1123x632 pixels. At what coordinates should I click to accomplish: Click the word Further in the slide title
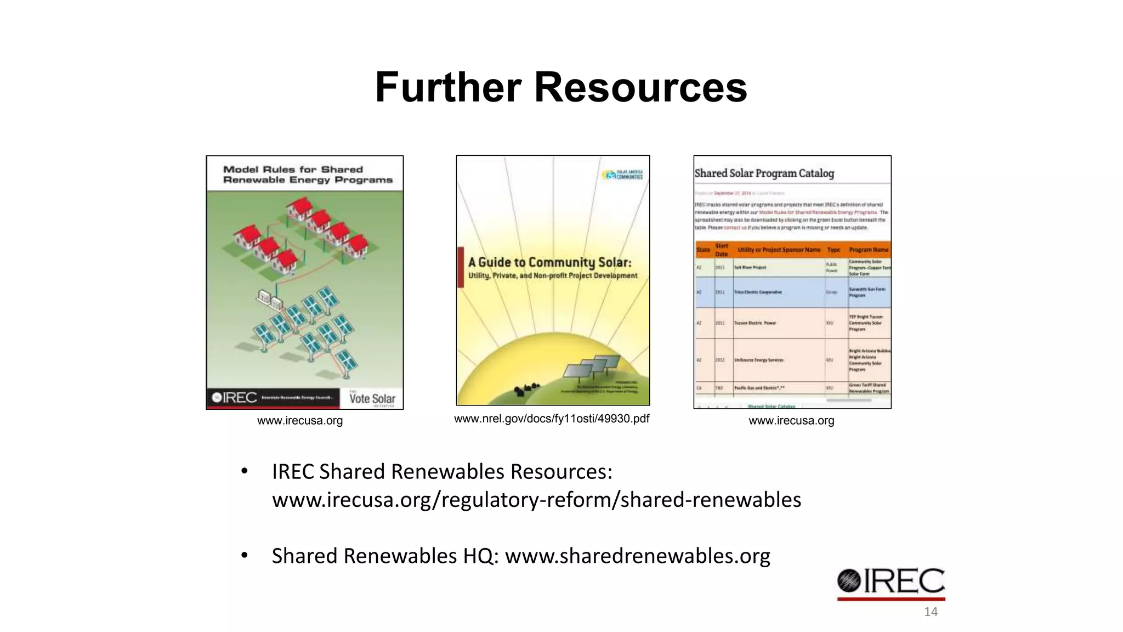click(448, 87)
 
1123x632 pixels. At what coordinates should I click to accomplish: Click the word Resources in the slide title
click(640, 87)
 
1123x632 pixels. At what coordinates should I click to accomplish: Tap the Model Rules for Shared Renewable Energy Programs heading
click(307, 174)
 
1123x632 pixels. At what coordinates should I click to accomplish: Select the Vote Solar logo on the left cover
click(372, 398)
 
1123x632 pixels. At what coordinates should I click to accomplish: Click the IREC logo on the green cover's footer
click(235, 398)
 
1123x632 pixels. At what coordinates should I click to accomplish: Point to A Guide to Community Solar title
click(549, 263)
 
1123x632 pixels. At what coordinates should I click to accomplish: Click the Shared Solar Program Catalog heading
click(764, 173)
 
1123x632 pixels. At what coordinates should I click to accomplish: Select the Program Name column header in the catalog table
click(869, 250)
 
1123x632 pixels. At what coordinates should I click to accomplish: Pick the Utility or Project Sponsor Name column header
click(779, 250)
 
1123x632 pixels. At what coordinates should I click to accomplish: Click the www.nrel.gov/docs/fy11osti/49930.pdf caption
click(552, 419)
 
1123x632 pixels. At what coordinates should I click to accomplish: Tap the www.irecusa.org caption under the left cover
click(300, 421)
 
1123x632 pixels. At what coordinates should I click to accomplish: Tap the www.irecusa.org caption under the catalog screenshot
click(791, 421)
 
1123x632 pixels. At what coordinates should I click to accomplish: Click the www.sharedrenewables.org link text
click(637, 556)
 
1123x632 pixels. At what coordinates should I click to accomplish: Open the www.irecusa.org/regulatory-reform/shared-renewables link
click(536, 500)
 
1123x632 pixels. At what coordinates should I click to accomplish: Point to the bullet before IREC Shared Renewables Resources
click(245, 471)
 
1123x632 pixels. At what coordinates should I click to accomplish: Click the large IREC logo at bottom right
click(891, 583)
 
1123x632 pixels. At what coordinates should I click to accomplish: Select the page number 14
click(931, 612)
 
